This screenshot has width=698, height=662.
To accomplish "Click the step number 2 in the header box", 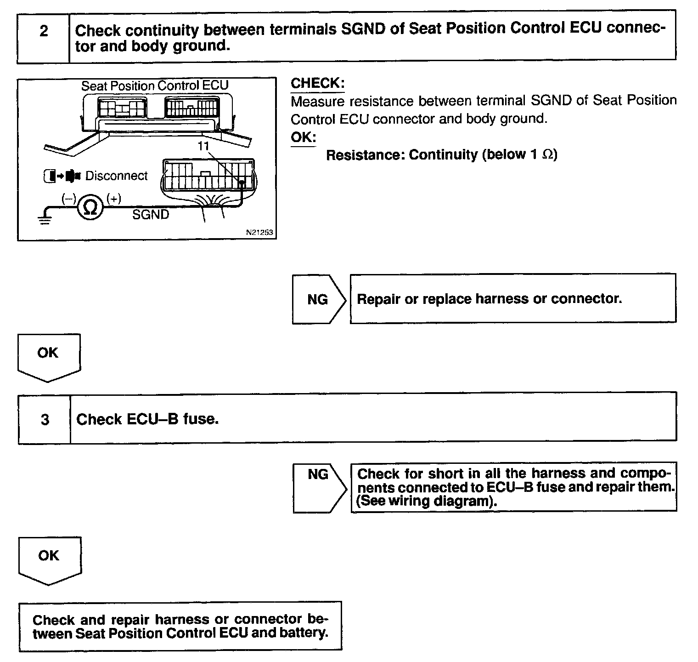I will point(44,32).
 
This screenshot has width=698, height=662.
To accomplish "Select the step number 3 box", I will point(45,419).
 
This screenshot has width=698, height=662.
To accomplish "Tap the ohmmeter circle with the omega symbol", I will point(91,208).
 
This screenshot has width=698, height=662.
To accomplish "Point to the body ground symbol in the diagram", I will point(45,218).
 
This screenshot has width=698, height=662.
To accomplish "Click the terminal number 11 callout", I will point(203,146).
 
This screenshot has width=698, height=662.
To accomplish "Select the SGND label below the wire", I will point(151,215).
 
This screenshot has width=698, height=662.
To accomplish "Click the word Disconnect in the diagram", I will point(117,176).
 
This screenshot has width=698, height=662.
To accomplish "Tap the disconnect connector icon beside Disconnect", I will point(62,176).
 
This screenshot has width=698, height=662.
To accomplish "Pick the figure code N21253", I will point(259,233).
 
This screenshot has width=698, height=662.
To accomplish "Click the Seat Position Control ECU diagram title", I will point(155,86).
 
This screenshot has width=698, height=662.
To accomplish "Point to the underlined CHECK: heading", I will point(317,83).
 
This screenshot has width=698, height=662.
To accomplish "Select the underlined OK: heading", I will point(303,137).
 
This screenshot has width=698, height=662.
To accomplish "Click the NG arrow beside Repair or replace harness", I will point(318,299).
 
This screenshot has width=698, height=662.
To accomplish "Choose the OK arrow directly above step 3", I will point(48,356).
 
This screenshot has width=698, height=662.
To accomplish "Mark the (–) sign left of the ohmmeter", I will point(69,199).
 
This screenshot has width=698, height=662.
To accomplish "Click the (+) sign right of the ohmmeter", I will point(113,199).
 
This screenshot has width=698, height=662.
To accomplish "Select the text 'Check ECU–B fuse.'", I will point(147,419).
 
